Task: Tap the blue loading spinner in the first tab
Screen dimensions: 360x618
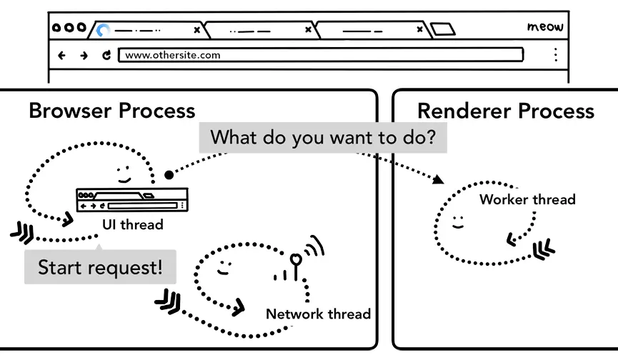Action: tap(104, 30)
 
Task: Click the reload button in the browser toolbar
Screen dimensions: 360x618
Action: tap(106, 55)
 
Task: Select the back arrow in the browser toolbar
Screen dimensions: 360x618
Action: tap(61, 55)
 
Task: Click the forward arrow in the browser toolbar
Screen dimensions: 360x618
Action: tap(84, 55)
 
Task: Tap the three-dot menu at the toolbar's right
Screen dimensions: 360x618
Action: tap(555, 55)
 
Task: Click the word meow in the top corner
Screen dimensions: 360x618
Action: tap(545, 27)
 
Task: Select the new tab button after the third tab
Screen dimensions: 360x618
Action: tap(442, 30)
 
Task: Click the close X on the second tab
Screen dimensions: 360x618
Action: tap(308, 30)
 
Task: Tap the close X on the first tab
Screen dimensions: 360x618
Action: tap(196, 30)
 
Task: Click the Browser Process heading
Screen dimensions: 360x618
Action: tap(112, 111)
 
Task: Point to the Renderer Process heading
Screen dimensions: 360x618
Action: tap(505, 111)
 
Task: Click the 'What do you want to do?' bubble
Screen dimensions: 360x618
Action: tap(322, 137)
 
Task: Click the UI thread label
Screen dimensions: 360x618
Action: tap(132, 224)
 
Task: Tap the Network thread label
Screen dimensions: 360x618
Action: tap(318, 314)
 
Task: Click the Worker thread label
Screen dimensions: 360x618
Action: tap(527, 199)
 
